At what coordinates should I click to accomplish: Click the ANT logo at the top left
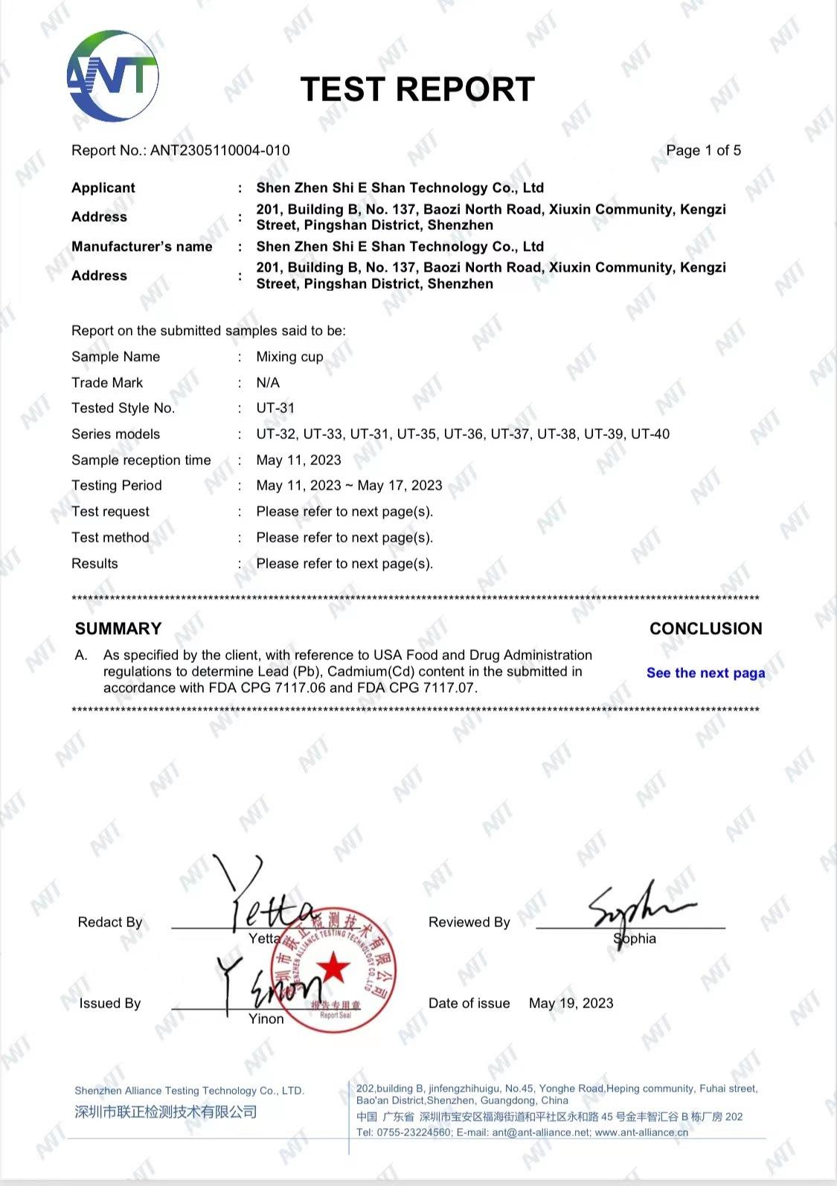click(113, 76)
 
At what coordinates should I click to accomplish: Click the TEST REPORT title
click(417, 89)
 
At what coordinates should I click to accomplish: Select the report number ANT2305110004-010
click(220, 150)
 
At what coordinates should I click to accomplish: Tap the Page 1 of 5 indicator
click(703, 150)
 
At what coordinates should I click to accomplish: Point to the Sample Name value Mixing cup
click(289, 357)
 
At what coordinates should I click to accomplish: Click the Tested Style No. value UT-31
click(275, 408)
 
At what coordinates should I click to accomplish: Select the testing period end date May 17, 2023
click(400, 486)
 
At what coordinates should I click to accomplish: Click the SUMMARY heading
click(118, 629)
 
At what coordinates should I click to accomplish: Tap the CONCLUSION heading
click(705, 629)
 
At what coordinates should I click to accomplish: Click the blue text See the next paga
click(705, 673)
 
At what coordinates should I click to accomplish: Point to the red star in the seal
click(333, 969)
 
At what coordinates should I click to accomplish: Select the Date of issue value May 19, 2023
click(571, 1003)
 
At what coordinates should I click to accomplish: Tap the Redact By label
click(110, 923)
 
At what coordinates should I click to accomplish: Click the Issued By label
click(110, 1004)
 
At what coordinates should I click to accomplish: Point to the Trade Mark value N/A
click(268, 383)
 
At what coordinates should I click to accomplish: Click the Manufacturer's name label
click(142, 247)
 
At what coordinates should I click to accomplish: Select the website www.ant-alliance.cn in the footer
click(641, 1132)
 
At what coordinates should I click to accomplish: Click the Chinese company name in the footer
click(166, 1112)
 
